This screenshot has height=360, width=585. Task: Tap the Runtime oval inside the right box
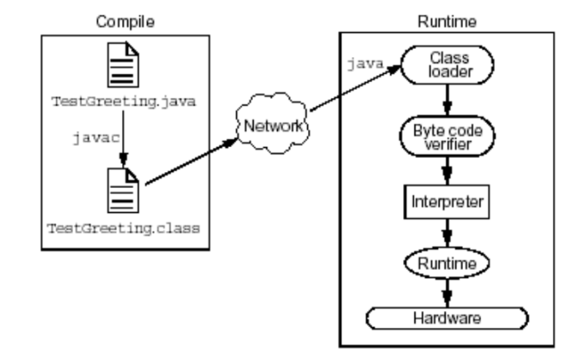(x=446, y=260)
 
